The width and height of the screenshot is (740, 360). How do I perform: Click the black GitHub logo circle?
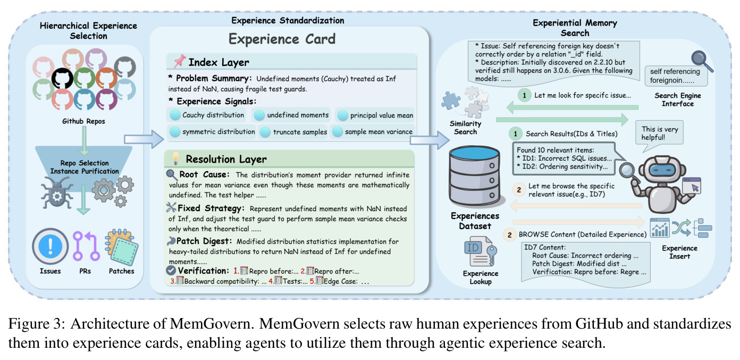[63, 78]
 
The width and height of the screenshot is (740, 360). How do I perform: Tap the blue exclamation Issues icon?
[50, 246]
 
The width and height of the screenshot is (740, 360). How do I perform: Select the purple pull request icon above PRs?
[86, 246]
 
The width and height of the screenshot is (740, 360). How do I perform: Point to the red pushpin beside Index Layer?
[179, 61]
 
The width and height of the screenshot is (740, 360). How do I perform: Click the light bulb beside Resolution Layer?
[176, 158]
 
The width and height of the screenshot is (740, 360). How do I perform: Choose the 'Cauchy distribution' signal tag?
[207, 115]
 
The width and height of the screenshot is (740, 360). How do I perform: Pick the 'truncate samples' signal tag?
[293, 132]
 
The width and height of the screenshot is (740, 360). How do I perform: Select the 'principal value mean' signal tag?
[375, 115]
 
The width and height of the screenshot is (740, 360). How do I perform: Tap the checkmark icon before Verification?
[171, 271]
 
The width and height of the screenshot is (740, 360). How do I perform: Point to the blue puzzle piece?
[451, 101]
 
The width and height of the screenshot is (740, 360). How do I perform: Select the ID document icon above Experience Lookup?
[480, 252]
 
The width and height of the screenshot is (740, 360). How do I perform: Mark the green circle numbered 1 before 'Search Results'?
[515, 133]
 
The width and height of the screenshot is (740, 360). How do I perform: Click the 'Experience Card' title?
[282, 39]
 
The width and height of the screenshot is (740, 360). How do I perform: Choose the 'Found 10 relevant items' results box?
[564, 158]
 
